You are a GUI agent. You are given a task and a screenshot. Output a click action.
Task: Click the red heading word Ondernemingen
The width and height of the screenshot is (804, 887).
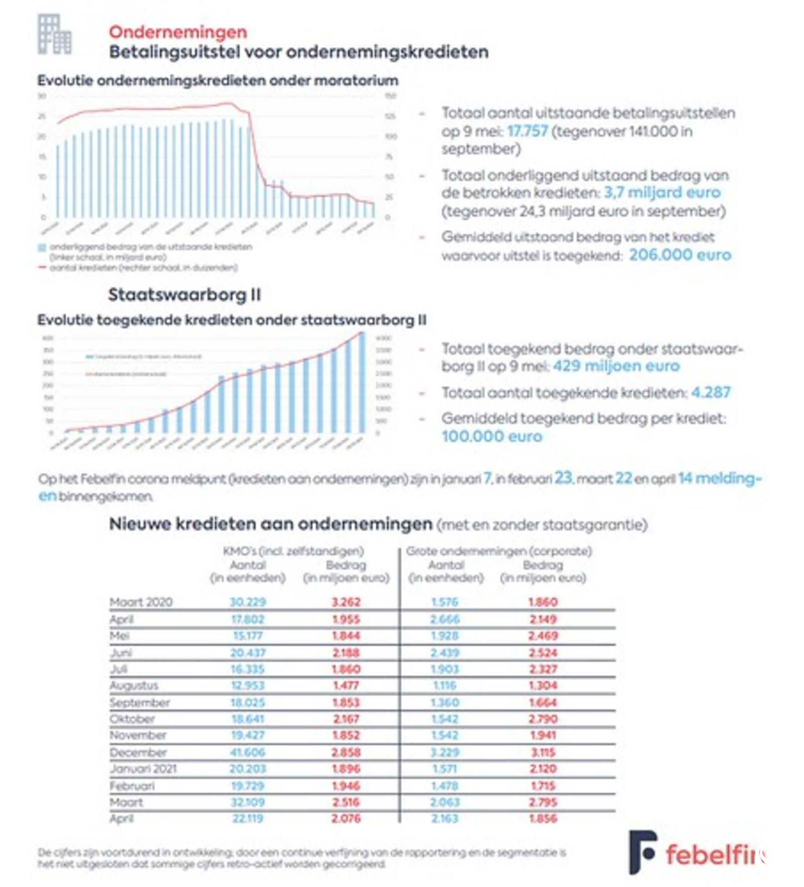178,32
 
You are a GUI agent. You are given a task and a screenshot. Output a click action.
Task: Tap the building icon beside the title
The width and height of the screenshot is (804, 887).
54,34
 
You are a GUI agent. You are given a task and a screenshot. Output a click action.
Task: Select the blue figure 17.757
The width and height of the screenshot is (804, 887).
527,131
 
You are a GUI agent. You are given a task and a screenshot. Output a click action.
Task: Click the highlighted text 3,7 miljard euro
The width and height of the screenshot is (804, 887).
662,192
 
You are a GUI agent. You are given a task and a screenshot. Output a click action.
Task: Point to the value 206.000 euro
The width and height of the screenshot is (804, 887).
680,255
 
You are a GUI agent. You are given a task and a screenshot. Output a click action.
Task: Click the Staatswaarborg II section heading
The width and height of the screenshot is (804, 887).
184,295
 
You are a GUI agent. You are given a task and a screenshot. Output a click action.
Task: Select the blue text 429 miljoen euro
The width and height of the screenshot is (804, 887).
616,366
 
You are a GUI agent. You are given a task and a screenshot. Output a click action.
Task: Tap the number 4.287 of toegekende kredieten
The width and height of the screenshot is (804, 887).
711,392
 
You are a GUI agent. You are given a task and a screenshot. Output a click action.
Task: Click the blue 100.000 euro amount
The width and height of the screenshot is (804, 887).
492,436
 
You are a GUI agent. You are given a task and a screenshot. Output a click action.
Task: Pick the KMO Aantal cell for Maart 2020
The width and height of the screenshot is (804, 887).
248,602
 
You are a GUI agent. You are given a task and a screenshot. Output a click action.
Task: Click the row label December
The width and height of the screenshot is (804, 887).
138,752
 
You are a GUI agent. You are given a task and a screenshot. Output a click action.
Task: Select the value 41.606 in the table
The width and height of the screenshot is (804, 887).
248,752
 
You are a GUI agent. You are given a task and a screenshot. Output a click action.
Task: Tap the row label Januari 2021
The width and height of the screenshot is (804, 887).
143,769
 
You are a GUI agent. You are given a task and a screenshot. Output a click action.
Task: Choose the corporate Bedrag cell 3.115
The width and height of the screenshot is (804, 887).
543,752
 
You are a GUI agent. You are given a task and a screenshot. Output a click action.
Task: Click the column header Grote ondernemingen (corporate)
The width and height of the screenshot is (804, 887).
499,551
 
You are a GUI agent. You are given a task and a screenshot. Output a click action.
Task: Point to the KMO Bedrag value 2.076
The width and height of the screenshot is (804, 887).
346,819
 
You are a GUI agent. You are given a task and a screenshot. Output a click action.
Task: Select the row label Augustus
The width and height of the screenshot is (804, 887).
134,686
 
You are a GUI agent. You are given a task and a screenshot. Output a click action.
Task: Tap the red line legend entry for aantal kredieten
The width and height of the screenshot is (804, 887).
143,268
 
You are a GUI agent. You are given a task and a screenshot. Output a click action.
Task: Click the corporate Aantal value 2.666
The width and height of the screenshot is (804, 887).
445,619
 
